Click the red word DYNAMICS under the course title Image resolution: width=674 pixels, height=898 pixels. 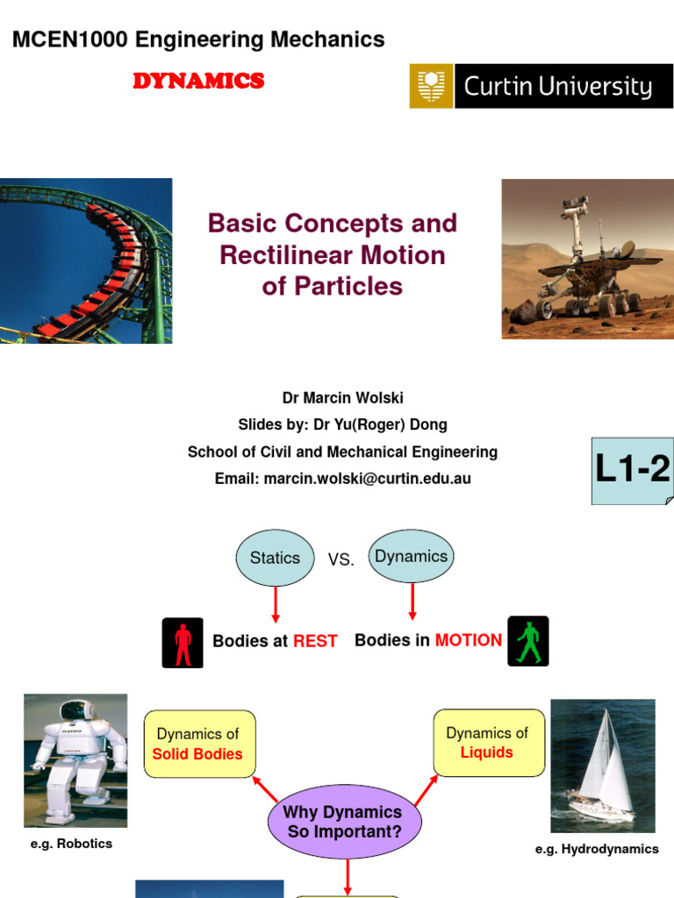198,81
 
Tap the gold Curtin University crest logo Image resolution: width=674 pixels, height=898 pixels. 431,86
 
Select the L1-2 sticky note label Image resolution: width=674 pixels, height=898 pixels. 633,471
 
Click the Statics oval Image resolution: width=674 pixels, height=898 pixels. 275,558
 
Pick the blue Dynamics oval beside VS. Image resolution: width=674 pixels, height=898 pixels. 411,556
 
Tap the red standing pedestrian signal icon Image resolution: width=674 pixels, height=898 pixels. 183,643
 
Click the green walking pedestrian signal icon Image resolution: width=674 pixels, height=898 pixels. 528,641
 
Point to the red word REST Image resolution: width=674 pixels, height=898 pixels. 315,641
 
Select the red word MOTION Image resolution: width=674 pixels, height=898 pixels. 469,640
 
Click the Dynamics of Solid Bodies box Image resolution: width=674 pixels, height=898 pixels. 199,744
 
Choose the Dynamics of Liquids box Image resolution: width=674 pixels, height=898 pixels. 489,743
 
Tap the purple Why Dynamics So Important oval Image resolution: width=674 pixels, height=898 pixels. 344,822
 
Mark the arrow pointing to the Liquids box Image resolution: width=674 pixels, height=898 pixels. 426,791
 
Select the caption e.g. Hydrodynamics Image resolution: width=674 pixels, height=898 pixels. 597,849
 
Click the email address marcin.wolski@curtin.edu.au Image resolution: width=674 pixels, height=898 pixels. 368,479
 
